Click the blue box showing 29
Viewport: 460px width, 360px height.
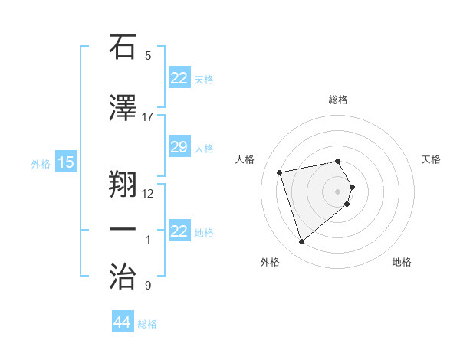[x=179, y=148]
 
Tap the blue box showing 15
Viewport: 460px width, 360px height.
[x=66, y=162]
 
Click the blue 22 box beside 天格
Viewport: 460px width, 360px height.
[x=179, y=78]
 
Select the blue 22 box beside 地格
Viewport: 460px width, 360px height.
[x=179, y=232]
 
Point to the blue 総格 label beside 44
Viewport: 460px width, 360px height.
[x=147, y=324]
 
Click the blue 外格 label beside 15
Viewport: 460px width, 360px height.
[x=41, y=163]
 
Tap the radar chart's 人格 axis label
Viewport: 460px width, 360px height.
[x=245, y=159]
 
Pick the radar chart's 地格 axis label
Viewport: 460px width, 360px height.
[x=402, y=263]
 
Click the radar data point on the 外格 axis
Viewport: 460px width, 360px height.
[x=302, y=242]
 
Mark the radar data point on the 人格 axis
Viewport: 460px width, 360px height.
[x=280, y=172]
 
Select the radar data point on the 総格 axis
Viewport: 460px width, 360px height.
[x=337, y=161]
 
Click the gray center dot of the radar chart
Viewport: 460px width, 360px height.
[x=337, y=191]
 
